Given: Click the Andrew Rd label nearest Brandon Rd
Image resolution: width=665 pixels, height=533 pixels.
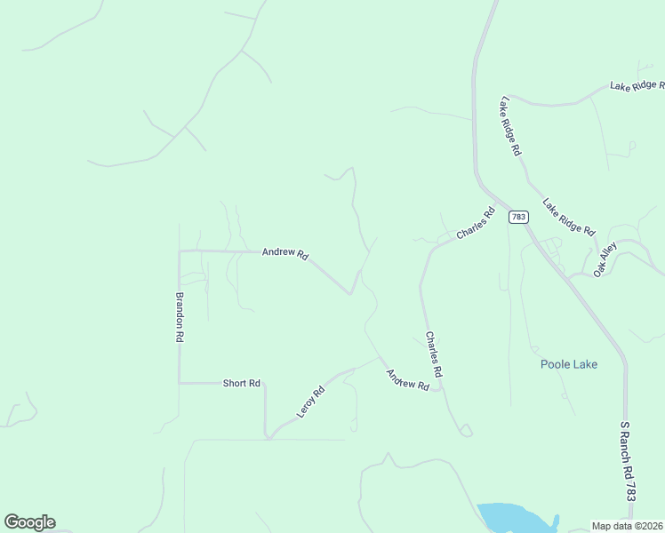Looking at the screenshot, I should point(284,253).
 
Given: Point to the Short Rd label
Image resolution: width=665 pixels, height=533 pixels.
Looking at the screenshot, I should point(241,383).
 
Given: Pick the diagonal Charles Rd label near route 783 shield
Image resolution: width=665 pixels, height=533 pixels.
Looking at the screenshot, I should point(475,223).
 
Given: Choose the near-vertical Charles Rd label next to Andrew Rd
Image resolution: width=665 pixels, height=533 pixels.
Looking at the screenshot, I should point(433,355).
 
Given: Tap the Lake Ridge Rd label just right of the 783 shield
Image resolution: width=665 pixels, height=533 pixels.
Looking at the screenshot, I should point(569,217).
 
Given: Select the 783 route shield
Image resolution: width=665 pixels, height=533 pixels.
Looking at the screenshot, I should point(518,217).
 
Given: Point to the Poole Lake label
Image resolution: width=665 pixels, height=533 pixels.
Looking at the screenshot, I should point(569,364).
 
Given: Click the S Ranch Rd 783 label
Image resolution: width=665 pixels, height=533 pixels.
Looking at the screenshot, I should point(629,462).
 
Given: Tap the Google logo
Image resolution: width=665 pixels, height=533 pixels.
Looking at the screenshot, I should point(29,522).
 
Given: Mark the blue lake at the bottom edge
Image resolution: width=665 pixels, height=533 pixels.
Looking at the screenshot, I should point(512,518).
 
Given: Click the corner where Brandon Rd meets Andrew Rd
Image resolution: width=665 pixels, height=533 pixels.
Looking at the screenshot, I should point(180,251).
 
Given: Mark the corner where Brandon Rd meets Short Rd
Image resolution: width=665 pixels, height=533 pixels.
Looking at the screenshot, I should point(180,383).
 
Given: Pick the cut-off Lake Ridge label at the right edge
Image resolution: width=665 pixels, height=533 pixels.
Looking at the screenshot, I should point(637,85).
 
